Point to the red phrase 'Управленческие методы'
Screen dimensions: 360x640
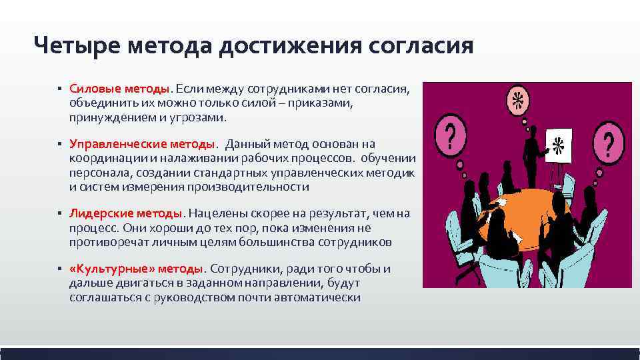coord(143,143)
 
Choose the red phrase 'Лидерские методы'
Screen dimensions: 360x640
coord(125,213)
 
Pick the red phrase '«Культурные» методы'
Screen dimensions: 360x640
coord(136,268)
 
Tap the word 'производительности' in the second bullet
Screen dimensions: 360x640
coord(257,187)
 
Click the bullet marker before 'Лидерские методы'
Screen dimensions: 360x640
coord(59,213)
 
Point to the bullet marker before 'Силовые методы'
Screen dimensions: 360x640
coord(59,89)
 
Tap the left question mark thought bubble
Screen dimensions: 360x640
coord(451,137)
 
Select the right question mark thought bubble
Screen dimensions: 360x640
coord(608,143)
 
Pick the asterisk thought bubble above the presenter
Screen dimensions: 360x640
coord(516,101)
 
